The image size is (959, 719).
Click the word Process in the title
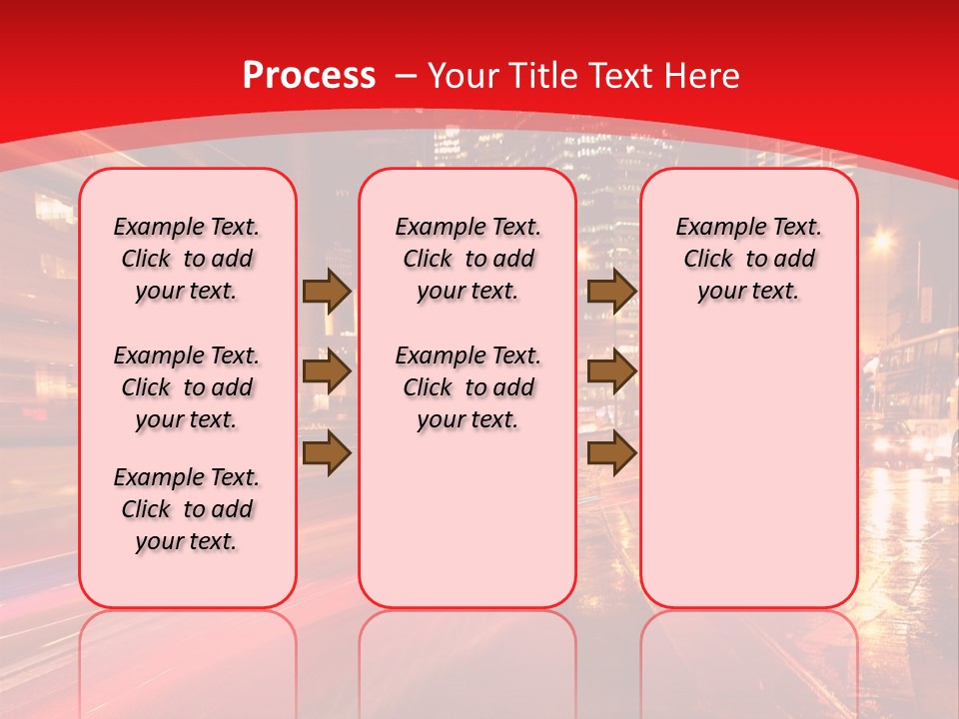pyautogui.click(x=309, y=76)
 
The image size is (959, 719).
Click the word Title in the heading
pyautogui.click(x=540, y=76)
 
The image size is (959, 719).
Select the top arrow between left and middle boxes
pyautogui.click(x=327, y=291)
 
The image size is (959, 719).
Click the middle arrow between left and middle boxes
pyautogui.click(x=327, y=372)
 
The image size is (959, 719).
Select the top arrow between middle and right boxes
pyautogui.click(x=611, y=291)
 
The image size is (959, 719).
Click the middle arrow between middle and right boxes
pyautogui.click(x=611, y=372)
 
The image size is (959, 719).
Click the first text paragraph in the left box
pyautogui.click(x=187, y=259)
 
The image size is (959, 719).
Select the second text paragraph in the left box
pyautogui.click(x=187, y=387)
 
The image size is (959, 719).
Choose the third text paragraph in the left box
pyautogui.click(x=187, y=509)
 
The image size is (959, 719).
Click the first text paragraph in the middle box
pyautogui.click(x=468, y=259)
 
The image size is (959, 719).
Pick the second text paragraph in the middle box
pyautogui.click(x=468, y=387)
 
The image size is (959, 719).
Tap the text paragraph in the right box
pyautogui.click(x=748, y=259)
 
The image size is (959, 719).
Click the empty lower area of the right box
pyautogui.click(x=748, y=469)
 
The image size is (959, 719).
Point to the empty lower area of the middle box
pyautogui.click(x=468, y=519)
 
